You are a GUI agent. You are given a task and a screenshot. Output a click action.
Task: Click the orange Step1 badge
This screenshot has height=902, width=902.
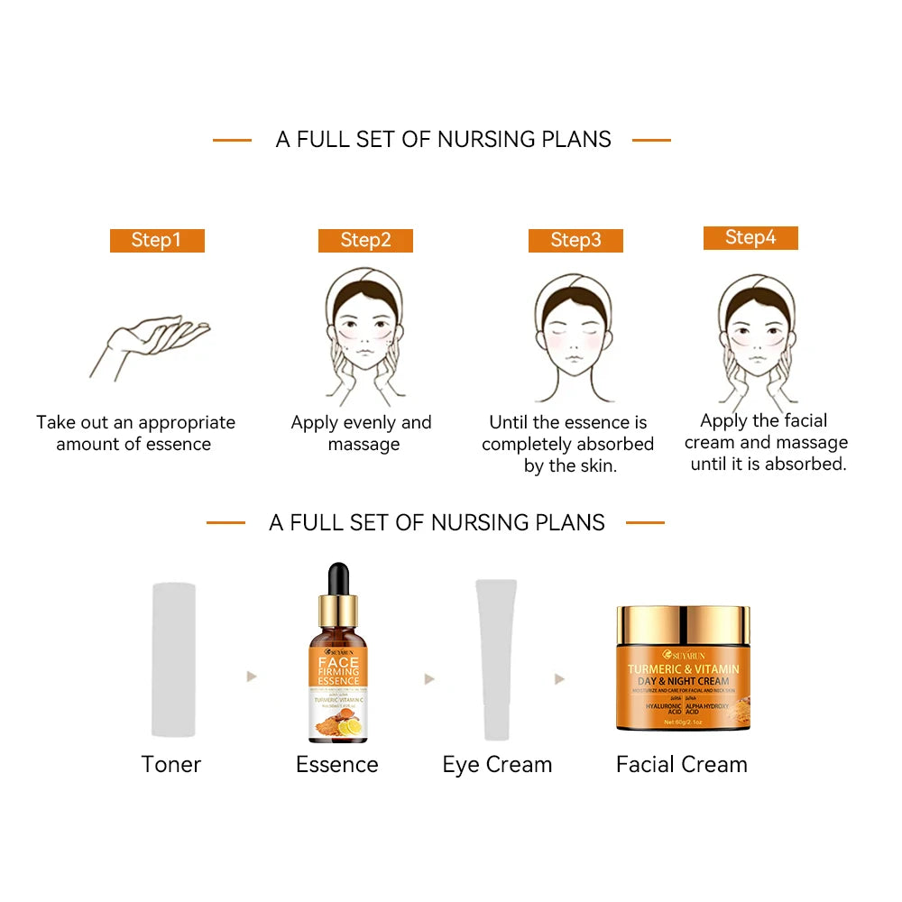tap(157, 240)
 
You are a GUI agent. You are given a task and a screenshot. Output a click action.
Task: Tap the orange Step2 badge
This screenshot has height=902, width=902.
tap(365, 240)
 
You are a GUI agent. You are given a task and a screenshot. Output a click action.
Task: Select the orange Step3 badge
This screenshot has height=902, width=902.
tap(575, 240)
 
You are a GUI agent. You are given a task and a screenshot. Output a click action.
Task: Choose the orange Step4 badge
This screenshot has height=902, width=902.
tap(750, 237)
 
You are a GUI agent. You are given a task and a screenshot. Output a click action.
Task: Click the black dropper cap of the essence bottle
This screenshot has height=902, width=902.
tap(338, 582)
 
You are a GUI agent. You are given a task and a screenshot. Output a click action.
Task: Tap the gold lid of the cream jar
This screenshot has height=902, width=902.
tap(683, 622)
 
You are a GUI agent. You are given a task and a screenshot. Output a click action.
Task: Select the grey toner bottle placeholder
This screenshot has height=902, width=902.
tap(174, 660)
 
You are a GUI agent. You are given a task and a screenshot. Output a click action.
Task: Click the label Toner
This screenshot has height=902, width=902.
tap(171, 765)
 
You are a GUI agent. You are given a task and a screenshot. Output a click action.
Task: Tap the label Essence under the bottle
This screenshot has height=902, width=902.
tap(337, 765)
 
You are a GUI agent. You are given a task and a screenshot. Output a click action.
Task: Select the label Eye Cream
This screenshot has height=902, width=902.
tap(497, 765)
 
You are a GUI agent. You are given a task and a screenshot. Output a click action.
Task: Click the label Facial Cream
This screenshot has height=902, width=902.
tap(682, 765)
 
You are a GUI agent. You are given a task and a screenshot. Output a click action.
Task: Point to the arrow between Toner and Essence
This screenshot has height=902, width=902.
tap(252, 676)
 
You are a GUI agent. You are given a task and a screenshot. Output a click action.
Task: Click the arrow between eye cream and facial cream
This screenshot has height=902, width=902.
tap(559, 678)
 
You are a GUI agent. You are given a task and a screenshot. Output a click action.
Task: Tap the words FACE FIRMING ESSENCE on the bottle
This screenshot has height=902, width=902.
tap(338, 672)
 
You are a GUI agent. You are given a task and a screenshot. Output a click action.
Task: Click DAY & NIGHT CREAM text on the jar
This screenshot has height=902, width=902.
tap(683, 681)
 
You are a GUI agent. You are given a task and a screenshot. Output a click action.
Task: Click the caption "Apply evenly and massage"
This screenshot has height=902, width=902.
tap(362, 434)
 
